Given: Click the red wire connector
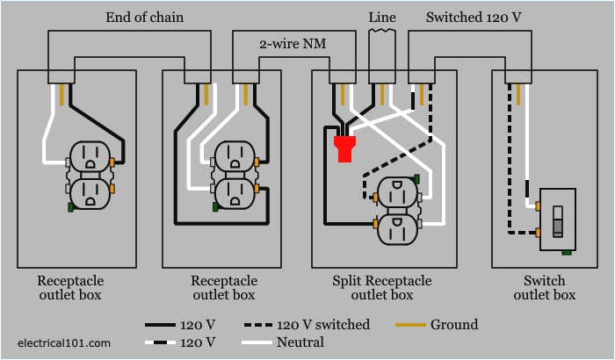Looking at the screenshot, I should [x=344, y=148].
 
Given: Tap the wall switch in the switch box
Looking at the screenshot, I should [x=557, y=220].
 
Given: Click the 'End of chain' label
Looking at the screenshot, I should [x=144, y=17].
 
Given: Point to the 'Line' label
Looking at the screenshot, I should [x=381, y=17].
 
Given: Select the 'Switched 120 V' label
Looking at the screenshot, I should [x=473, y=17].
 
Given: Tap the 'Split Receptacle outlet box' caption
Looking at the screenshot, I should [x=382, y=288].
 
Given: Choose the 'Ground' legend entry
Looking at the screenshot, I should [x=454, y=325].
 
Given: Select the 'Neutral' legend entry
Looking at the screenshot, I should [x=300, y=342].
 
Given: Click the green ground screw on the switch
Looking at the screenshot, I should [x=567, y=253].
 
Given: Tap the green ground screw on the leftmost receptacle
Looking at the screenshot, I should [x=69, y=206].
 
